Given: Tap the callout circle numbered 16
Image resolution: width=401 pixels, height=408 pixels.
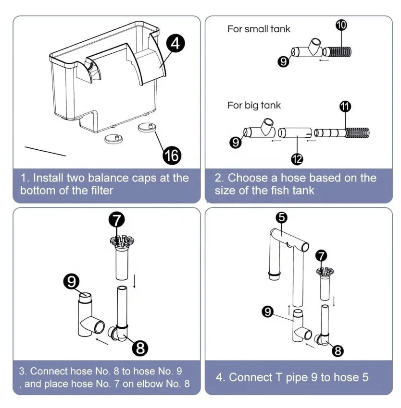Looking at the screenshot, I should [x=171, y=155].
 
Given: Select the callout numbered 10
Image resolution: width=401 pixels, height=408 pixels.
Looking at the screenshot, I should [x=341, y=25].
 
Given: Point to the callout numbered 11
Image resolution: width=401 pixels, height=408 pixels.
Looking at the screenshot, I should [x=345, y=107].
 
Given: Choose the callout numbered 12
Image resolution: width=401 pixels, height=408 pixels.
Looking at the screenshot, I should [x=297, y=158].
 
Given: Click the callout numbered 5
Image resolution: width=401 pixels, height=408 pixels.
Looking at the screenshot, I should [x=282, y=217].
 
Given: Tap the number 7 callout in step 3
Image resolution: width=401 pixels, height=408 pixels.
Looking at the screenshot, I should [x=117, y=220].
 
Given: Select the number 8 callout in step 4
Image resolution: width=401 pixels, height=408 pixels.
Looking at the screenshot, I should [x=338, y=351].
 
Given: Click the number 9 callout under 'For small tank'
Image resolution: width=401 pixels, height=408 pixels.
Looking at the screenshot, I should [x=284, y=61].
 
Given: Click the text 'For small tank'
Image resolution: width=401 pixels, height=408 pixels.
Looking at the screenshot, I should [x=259, y=29].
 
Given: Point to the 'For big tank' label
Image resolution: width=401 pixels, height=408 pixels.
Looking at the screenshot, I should [x=254, y=105].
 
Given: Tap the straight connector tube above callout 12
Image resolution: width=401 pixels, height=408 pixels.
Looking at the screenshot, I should [x=295, y=132].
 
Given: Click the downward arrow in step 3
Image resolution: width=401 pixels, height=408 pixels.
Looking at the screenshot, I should [x=134, y=281].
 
